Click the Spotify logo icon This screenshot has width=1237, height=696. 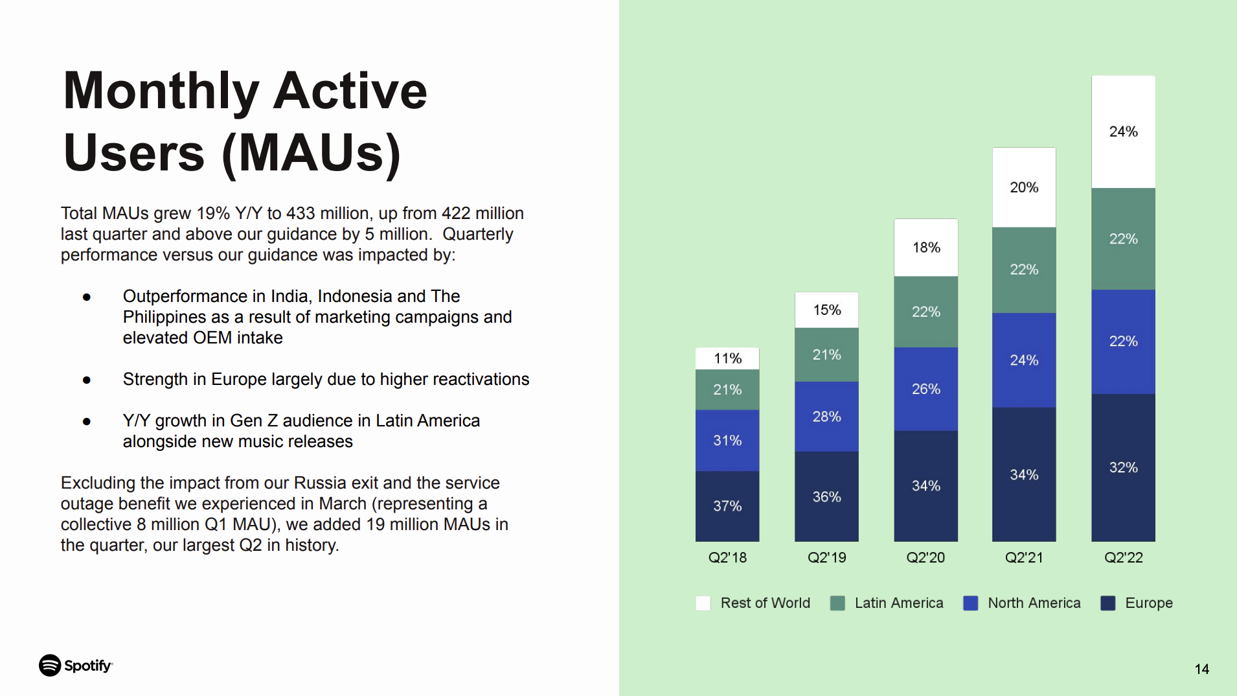pos(50,666)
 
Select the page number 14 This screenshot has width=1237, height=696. pos(1201,669)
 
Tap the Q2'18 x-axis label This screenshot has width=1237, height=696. pos(727,557)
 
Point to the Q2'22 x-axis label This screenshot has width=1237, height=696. pos(1123,557)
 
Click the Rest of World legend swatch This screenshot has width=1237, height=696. pos(703,603)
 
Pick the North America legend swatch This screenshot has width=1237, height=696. pos(970,603)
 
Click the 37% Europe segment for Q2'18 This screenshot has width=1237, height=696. pos(727,506)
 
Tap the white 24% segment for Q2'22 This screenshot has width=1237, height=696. pos(1123,132)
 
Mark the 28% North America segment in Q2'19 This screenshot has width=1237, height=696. pos(826,417)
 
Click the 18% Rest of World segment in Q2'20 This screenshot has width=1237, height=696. pos(925,248)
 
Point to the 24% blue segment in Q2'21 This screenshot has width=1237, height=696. pos(1024,360)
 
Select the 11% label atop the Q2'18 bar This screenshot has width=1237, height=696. pos(727,358)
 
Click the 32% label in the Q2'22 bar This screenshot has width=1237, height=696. pos(1123,467)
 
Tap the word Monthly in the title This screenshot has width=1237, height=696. pos(161,91)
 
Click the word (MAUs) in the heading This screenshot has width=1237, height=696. pos(312,154)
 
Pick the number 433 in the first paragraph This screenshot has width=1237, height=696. pos(301,213)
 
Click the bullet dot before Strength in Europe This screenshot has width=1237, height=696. pos(87,380)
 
